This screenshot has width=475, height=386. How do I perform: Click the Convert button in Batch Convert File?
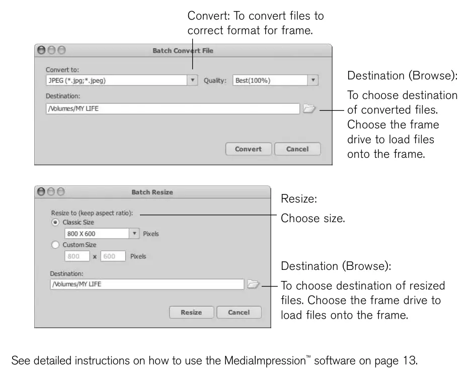click(x=249, y=149)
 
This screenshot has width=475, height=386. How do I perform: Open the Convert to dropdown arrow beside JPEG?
click(x=192, y=80)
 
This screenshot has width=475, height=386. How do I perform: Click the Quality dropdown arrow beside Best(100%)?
click(x=313, y=80)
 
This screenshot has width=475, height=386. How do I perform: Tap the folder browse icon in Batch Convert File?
click(x=309, y=108)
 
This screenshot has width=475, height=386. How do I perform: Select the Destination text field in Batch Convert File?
click(x=173, y=109)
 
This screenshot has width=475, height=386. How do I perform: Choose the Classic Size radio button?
click(x=55, y=222)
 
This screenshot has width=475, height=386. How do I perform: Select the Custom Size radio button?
click(x=55, y=245)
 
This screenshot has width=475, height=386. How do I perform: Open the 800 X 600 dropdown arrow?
click(x=134, y=234)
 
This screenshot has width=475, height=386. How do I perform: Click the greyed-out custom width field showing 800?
click(x=77, y=256)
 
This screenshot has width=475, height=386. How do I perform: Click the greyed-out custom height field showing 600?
click(x=113, y=256)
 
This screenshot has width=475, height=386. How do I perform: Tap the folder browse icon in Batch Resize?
click(x=253, y=284)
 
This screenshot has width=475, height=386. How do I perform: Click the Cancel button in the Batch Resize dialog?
click(x=239, y=312)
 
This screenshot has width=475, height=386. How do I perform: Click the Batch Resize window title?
click(x=152, y=192)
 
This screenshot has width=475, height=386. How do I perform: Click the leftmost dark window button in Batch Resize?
click(x=41, y=191)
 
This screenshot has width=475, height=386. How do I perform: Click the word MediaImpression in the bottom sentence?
click(x=265, y=361)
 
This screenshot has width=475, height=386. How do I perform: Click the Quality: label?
click(x=215, y=81)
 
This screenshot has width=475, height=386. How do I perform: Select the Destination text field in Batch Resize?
click(x=147, y=284)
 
